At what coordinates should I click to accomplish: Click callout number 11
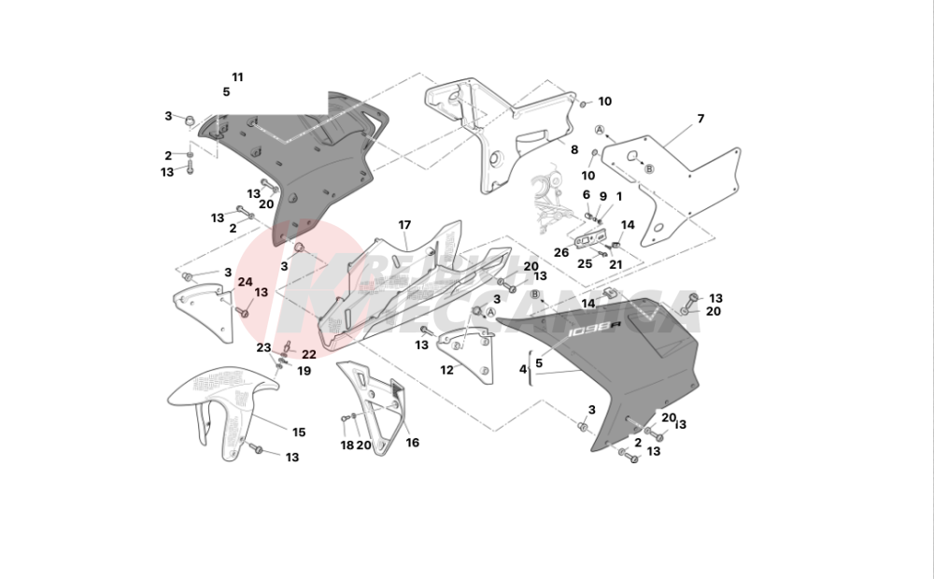(x=237, y=77)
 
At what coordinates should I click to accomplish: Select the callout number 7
(x=700, y=119)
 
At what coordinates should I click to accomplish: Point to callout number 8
(x=575, y=149)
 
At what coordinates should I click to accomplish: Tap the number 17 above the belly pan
(x=404, y=225)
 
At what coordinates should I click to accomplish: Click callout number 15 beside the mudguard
(x=299, y=432)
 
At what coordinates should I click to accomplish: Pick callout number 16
(x=412, y=443)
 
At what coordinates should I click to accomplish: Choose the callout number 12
(x=446, y=370)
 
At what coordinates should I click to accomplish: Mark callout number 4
(x=523, y=369)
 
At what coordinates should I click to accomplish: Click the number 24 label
(x=245, y=281)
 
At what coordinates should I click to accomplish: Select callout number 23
(x=264, y=347)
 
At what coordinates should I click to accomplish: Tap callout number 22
(x=308, y=355)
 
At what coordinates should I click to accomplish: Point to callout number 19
(x=304, y=371)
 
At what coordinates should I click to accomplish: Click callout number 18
(x=347, y=445)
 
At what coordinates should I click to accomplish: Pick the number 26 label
(x=560, y=252)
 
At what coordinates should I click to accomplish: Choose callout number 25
(x=585, y=263)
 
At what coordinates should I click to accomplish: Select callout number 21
(x=616, y=263)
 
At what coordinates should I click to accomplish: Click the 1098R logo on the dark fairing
(x=595, y=327)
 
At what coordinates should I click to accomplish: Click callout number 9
(x=602, y=196)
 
